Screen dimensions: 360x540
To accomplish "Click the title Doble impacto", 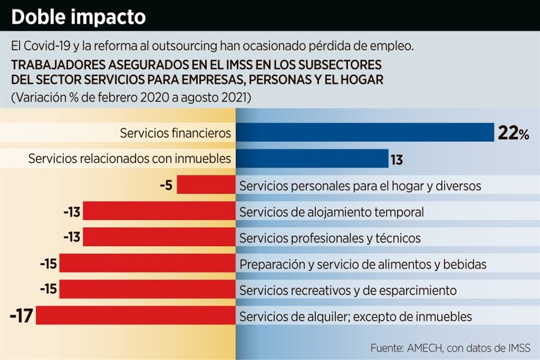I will click(x=78, y=17).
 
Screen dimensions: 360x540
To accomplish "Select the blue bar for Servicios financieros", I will click(x=364, y=133).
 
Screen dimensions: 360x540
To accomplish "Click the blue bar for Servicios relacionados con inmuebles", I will click(x=312, y=159).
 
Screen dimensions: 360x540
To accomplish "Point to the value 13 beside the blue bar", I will click(x=397, y=160).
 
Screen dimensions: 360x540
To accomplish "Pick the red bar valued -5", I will click(x=206, y=184).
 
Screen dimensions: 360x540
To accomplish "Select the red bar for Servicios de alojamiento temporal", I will click(x=159, y=211).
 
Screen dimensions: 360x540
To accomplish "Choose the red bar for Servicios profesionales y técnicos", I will click(x=159, y=237).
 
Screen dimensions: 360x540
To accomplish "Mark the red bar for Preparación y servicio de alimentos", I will click(x=147, y=263).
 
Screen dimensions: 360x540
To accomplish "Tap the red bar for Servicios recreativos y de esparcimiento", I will click(x=147, y=289).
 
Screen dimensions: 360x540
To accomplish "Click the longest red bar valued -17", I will click(x=136, y=315).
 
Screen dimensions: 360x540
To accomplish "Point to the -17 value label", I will click(x=21, y=316).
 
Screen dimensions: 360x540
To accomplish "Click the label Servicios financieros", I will click(x=175, y=133).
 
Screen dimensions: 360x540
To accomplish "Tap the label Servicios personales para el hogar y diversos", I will click(x=360, y=186).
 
